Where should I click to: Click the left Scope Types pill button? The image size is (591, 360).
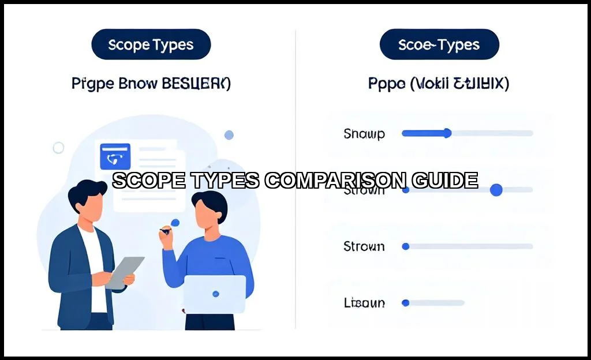(151, 45)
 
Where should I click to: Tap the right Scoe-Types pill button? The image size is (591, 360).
(439, 45)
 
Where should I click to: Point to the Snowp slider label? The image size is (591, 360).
(364, 134)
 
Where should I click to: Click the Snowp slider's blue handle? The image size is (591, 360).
(447, 133)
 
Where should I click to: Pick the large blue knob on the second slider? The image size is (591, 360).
(496, 190)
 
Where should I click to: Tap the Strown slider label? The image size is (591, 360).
(364, 246)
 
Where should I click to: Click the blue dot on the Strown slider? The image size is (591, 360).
(405, 246)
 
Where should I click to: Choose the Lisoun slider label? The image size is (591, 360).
(364, 302)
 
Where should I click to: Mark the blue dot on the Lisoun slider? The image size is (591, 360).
(405, 302)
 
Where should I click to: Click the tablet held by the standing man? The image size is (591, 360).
(125, 272)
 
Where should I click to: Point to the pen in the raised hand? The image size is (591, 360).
(166, 231)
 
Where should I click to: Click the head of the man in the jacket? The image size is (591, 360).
(90, 202)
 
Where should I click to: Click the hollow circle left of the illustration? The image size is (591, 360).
(58, 148)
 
